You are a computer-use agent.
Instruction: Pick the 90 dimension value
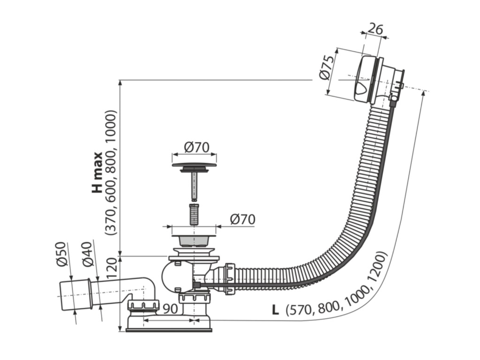(170, 309)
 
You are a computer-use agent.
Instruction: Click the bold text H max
(97, 173)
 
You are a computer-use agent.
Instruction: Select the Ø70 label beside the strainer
(243, 219)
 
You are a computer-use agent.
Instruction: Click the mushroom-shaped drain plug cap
(194, 167)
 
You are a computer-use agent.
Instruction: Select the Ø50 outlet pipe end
(76, 294)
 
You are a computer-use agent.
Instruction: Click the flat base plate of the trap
(169, 330)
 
